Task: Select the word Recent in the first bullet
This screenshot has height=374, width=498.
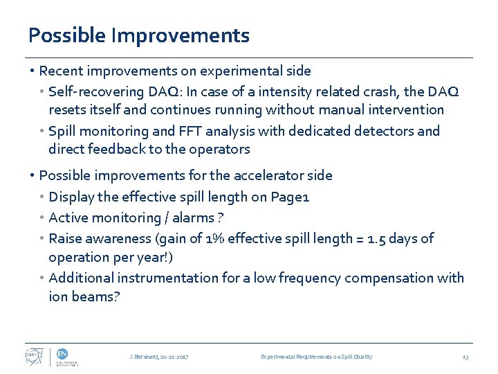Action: pyautogui.click(x=62, y=71)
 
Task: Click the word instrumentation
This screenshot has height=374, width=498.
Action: pyautogui.click(x=165, y=278)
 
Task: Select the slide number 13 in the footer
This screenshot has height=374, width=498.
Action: pyautogui.click(x=465, y=357)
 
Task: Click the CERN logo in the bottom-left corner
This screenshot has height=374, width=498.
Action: pyautogui.click(x=34, y=356)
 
